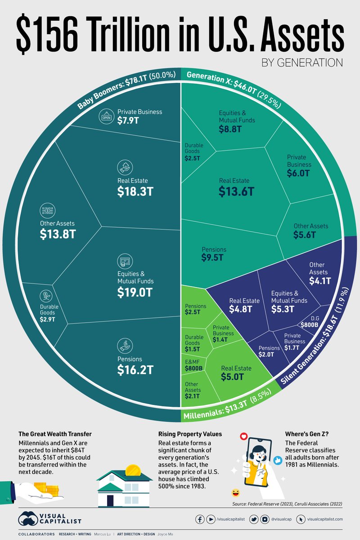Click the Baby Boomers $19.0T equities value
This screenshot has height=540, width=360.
(135, 292)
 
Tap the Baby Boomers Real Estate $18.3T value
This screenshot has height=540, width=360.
(135, 191)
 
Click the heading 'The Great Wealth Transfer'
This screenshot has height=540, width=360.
(55, 434)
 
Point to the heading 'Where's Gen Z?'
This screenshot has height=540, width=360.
(307, 434)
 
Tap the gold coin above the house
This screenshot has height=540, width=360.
(133, 471)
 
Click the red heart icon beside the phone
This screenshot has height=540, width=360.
(244, 436)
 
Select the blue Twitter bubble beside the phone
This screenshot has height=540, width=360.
(277, 460)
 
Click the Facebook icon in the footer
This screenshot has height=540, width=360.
(200, 519)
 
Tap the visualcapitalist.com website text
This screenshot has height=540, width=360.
(325, 519)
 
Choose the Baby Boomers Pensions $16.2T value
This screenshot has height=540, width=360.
(135, 370)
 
